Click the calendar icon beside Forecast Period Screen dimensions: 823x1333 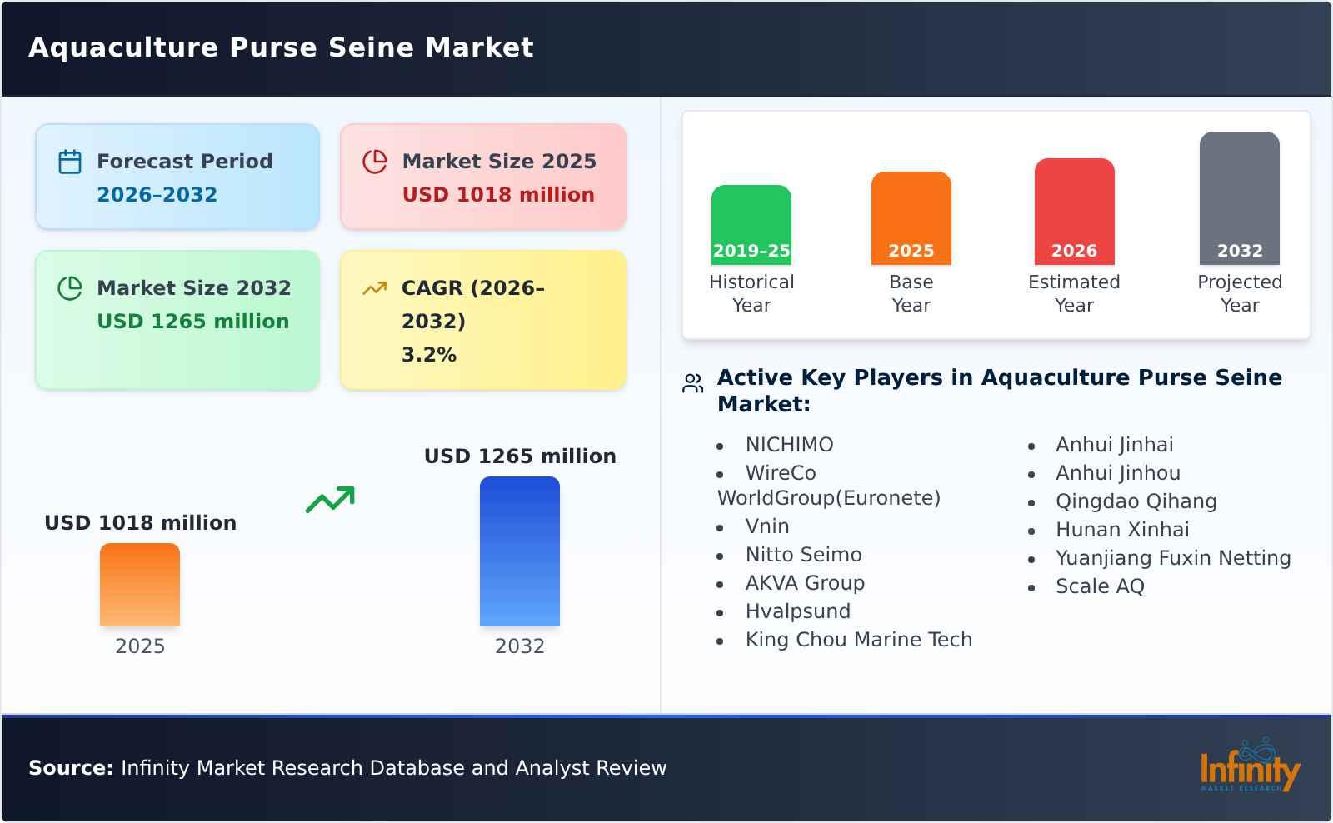pyautogui.click(x=70, y=162)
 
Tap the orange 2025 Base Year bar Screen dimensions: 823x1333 pyautogui.click(x=911, y=217)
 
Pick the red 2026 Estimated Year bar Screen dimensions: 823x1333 pyautogui.click(x=1074, y=211)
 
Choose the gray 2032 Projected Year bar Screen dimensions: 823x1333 pyautogui.click(x=1239, y=197)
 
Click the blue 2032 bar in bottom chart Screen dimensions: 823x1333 pyautogui.click(x=519, y=551)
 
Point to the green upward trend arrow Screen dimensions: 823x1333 pyautogui.click(x=330, y=500)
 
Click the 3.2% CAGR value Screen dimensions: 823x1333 pyautogui.click(x=428, y=355)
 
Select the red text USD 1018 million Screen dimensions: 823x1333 pyautogui.click(x=498, y=195)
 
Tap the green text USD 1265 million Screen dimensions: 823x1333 pyautogui.click(x=193, y=322)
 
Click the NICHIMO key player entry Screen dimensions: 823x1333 pyautogui.click(x=789, y=445)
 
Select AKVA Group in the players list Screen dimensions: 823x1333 pyautogui.click(x=805, y=583)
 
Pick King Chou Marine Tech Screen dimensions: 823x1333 pyautogui.click(x=858, y=640)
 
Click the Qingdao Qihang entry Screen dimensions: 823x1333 pyautogui.click(x=1136, y=501)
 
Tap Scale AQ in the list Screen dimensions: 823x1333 pyautogui.click(x=1100, y=586)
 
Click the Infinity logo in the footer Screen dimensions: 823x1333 pyautogui.click(x=1249, y=766)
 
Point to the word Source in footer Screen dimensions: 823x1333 pyautogui.click(x=70, y=768)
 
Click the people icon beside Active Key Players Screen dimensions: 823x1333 pyautogui.click(x=692, y=383)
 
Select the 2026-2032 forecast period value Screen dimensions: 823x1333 pyautogui.click(x=157, y=195)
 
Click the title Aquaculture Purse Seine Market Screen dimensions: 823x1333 pyautogui.click(x=281, y=47)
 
